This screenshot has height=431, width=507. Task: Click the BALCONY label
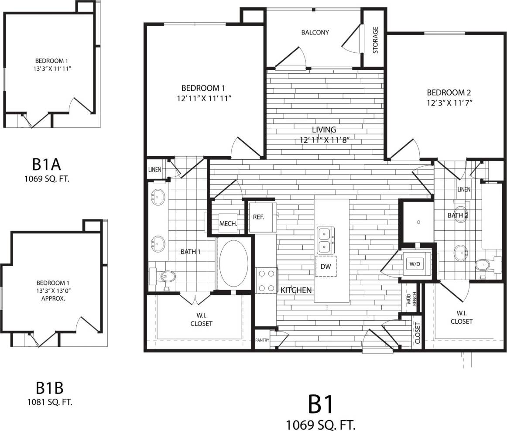pyautogui.click(x=315, y=32)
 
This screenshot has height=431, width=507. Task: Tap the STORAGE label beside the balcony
pyautogui.click(x=375, y=40)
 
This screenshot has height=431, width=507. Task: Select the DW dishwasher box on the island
pyautogui.click(x=326, y=266)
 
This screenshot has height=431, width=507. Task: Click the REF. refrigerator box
pyautogui.click(x=259, y=216)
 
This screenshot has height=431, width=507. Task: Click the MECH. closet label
pyautogui.click(x=228, y=223)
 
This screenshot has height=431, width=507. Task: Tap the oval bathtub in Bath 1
pyautogui.click(x=233, y=263)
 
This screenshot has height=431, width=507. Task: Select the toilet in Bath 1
pyautogui.click(x=164, y=276)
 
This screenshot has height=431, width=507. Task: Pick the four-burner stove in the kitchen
pyautogui.click(x=266, y=280)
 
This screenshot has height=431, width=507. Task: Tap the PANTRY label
pyautogui.click(x=262, y=340)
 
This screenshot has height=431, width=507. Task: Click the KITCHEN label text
pyautogui.click(x=296, y=290)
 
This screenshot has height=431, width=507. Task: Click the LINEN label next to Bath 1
pyautogui.click(x=154, y=170)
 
